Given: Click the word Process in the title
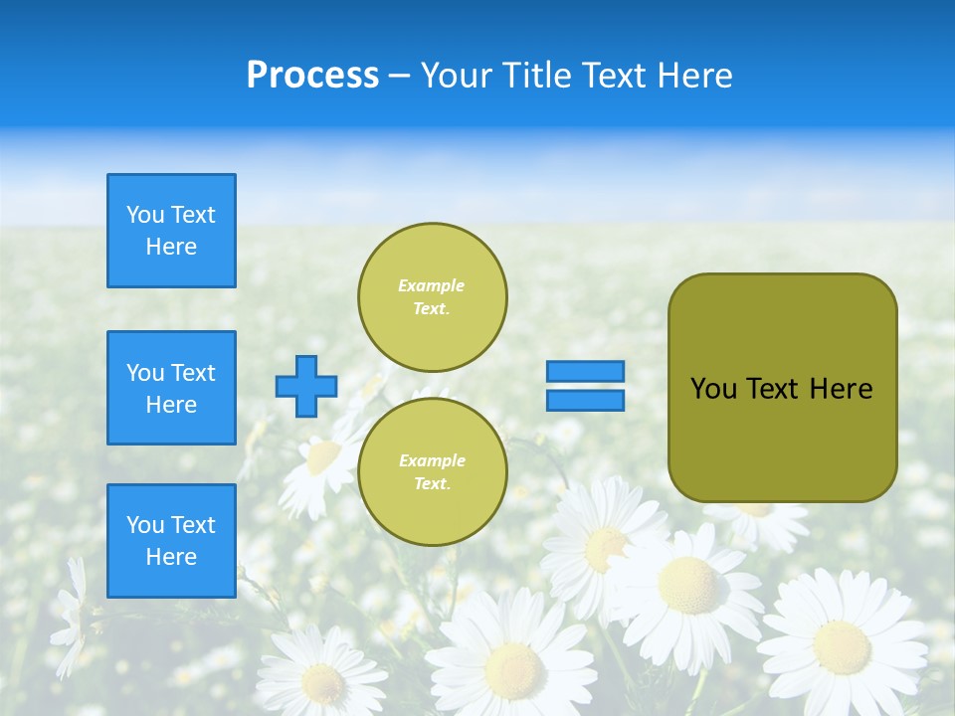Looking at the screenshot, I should click(x=312, y=76).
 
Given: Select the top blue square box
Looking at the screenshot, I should click(x=171, y=231).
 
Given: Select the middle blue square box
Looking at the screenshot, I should click(x=171, y=388).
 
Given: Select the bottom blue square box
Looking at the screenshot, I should click(x=171, y=541).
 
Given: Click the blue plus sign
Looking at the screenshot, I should click(x=306, y=386).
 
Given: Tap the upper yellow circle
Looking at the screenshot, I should click(x=433, y=297).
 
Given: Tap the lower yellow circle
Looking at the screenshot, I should click(x=433, y=472).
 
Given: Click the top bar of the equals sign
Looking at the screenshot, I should click(x=585, y=372).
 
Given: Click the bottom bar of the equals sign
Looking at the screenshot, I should click(x=585, y=400).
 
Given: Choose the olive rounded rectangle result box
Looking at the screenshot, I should click(x=782, y=438).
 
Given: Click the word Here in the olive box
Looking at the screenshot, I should click(x=841, y=389).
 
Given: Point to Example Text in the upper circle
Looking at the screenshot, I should click(x=432, y=297).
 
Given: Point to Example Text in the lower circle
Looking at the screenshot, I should click(x=432, y=472).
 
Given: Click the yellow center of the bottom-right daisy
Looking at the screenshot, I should click(x=842, y=645).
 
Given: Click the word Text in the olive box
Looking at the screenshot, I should click(x=773, y=389).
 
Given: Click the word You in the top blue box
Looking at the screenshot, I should click(x=145, y=215).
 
